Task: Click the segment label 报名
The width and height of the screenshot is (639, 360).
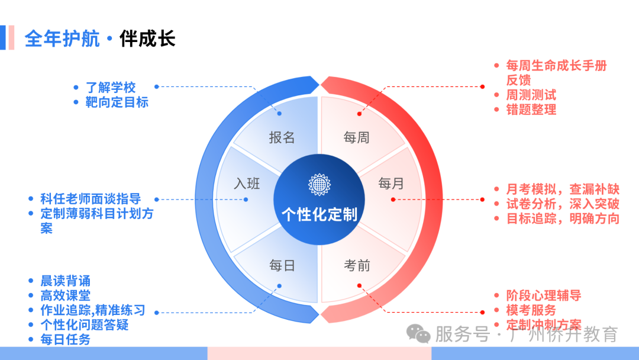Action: point(282,137)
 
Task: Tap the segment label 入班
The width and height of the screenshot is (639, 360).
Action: point(247,184)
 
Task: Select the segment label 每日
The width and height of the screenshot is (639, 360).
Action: point(282,265)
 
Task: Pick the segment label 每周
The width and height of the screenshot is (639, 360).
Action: point(357,137)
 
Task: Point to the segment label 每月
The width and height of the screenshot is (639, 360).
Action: point(391,184)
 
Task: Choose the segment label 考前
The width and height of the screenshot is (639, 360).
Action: point(357,265)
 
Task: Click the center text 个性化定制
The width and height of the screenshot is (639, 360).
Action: point(319,214)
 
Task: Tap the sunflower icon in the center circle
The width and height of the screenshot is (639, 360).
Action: point(319,185)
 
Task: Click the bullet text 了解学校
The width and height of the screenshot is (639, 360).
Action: point(111,87)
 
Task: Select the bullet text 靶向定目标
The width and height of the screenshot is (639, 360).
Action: point(117,102)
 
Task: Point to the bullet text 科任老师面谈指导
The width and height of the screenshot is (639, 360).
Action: point(91,199)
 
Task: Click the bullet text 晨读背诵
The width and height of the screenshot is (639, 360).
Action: point(65,281)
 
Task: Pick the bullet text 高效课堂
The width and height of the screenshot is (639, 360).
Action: point(65,295)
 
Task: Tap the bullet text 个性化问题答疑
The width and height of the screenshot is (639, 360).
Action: point(85,324)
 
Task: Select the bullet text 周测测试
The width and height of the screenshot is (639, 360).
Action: point(531,95)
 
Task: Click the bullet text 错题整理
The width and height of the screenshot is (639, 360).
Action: point(531,110)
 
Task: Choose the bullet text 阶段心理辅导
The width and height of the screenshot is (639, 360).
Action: point(544,295)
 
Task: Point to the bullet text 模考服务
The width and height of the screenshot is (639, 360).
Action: point(531,310)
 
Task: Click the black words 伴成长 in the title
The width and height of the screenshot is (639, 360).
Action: point(147,38)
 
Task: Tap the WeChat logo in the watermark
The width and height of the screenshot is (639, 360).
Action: point(418,334)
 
